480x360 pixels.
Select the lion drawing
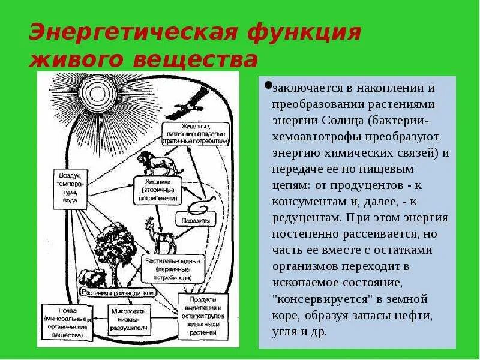(152, 163)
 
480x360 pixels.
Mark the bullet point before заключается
(268, 83)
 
